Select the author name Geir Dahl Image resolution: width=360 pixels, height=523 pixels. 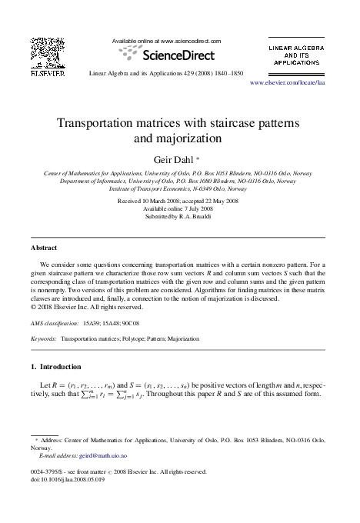(x=178, y=158)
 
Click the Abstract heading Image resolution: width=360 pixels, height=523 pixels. (x=44, y=249)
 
